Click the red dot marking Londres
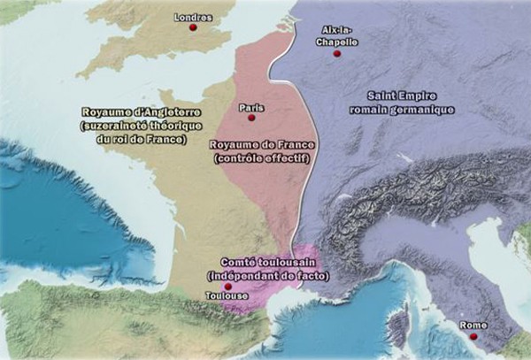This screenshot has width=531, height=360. coord(192,28)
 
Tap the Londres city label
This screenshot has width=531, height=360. coord(193,17)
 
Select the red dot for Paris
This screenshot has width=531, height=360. coord(252,118)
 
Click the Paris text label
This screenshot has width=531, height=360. coord(251,107)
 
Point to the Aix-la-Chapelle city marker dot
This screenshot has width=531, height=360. coord(336,55)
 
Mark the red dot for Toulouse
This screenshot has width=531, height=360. coord(227,287)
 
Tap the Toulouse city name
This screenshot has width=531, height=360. coord(227,296)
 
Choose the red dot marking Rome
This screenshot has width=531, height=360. coord(473,336)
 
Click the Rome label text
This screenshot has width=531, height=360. coord(474,326)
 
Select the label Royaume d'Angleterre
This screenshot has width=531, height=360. coord(142,113)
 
